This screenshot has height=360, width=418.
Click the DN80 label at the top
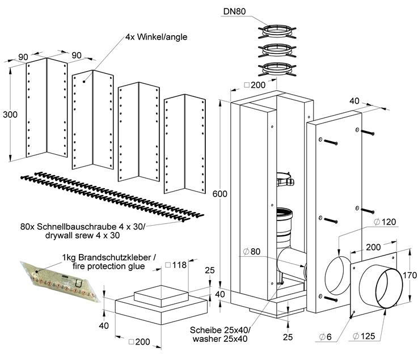234,11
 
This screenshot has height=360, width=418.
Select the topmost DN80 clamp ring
277,32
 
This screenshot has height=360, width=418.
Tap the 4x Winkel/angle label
156,37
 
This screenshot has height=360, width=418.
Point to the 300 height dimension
10,115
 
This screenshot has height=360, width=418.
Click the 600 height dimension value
219,194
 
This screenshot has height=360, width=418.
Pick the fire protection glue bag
61,282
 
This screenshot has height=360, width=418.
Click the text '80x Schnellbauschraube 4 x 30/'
83,227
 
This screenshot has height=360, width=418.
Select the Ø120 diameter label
385,222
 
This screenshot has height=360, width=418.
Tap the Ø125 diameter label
364,336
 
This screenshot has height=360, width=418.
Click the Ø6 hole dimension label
326,337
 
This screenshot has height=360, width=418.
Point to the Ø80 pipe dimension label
252,251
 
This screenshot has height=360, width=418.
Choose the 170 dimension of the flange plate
409,275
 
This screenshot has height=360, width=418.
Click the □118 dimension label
176,265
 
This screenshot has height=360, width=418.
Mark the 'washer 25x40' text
220,339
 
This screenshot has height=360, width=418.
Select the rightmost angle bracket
185,144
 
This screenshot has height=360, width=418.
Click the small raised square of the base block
162,295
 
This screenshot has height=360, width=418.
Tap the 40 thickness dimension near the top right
354,101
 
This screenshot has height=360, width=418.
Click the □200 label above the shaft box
255,85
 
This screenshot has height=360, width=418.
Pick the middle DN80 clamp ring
277,50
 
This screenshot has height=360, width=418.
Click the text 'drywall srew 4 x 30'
82,235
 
